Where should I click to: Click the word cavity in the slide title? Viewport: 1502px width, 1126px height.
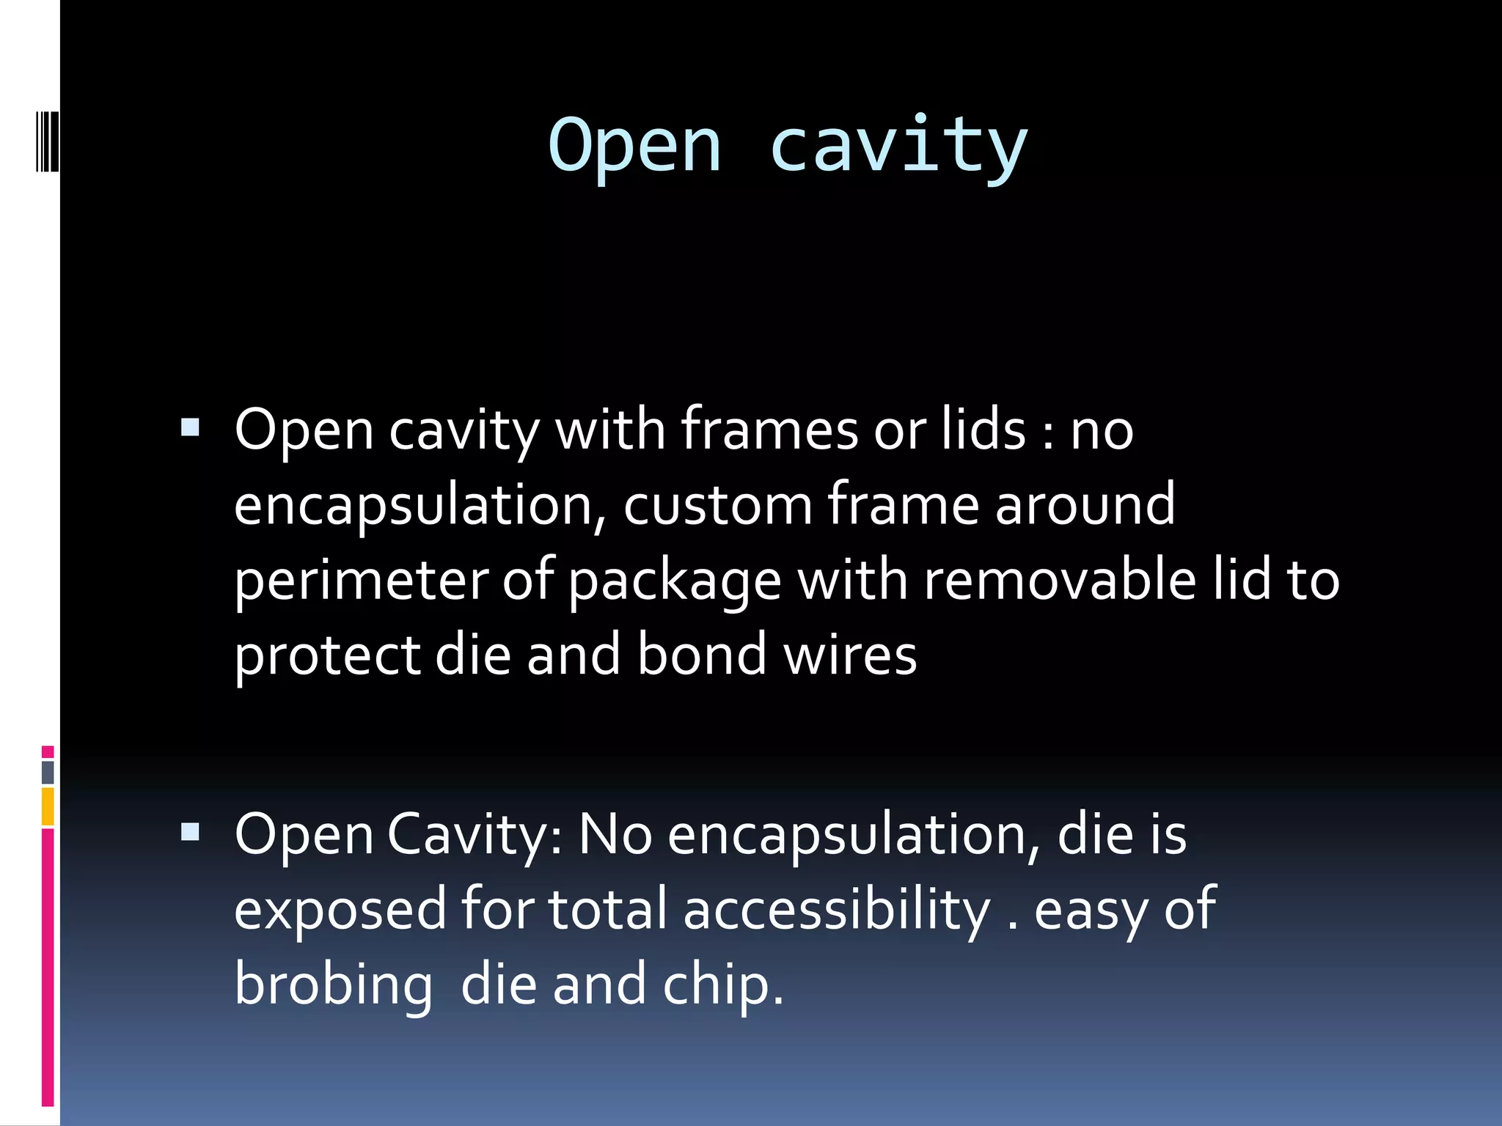click(x=898, y=147)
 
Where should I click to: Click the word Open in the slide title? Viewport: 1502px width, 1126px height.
click(x=635, y=147)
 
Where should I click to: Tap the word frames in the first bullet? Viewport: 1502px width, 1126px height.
click(x=769, y=430)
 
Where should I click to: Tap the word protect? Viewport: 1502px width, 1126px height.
click(x=326, y=655)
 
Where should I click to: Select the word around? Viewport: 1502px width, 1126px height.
click(x=1085, y=505)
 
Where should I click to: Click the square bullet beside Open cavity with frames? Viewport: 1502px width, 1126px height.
click(x=190, y=427)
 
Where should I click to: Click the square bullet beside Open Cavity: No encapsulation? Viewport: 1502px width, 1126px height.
click(x=190, y=831)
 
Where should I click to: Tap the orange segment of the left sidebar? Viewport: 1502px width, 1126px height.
click(x=48, y=806)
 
